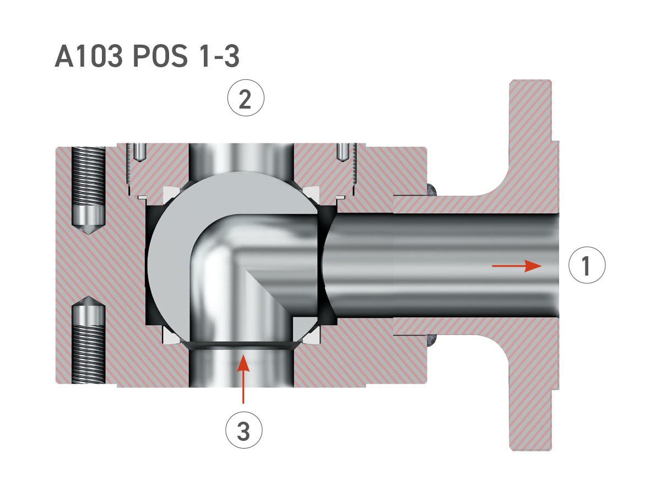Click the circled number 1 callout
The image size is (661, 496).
pos(587,265)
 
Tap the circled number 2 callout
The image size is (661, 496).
pos(246,98)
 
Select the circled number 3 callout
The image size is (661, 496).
pos(244,430)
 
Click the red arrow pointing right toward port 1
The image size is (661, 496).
pos(517,266)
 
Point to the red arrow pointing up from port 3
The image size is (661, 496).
pos(243,379)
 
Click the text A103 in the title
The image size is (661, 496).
pos(89,56)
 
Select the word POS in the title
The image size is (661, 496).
pos(160,56)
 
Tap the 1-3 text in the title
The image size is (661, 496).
pos(220,56)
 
